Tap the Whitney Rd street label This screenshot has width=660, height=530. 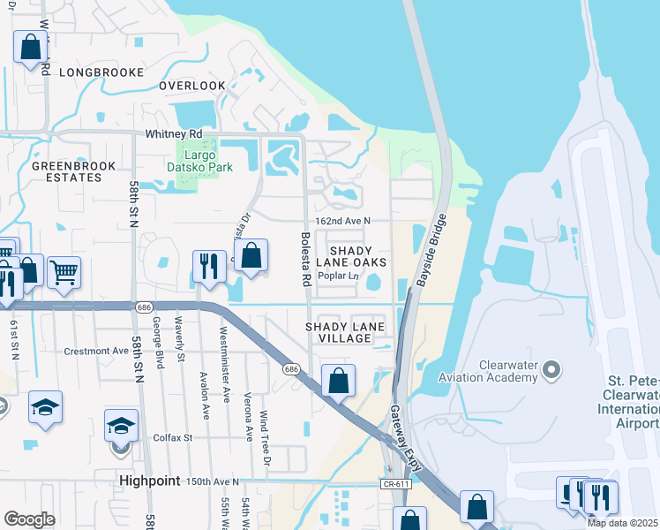click(174, 133)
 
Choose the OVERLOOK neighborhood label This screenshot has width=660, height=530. click(192, 86)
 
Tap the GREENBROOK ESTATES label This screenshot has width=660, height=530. click(66, 171)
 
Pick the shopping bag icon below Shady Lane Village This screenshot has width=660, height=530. click(338, 381)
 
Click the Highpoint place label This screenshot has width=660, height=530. click(150, 481)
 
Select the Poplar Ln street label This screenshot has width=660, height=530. click(339, 276)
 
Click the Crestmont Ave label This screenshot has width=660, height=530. click(97, 351)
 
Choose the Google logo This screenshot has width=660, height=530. click(29, 519)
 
